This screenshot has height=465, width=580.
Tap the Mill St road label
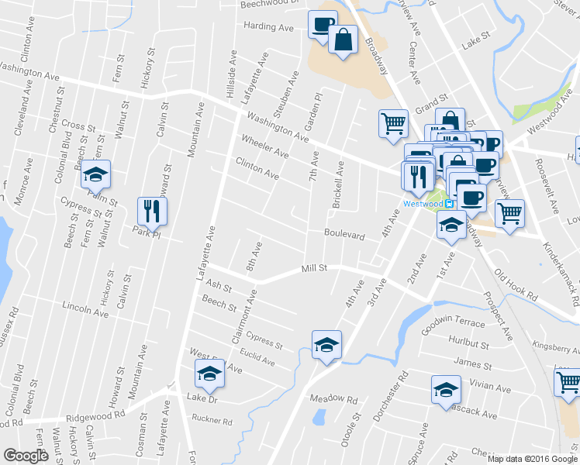click(316, 268)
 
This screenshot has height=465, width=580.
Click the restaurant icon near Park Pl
click(151, 210)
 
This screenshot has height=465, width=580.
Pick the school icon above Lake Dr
click(208, 374)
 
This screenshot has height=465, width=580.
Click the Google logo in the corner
click(26, 456)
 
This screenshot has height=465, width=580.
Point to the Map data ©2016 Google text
click(532, 458)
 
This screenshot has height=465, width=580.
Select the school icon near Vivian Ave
click(445, 390)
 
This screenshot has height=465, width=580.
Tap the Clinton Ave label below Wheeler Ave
click(257, 168)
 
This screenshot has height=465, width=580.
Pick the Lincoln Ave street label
click(86, 309)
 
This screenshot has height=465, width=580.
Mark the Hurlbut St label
click(469, 342)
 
